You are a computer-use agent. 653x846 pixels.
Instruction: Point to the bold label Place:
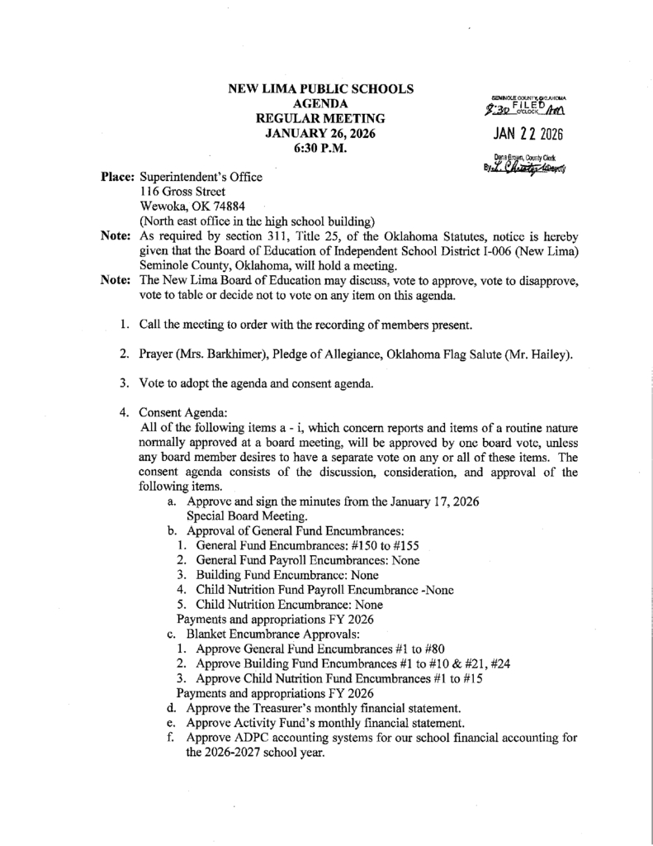(118, 177)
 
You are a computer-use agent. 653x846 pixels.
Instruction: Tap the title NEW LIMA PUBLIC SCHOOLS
(321, 88)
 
